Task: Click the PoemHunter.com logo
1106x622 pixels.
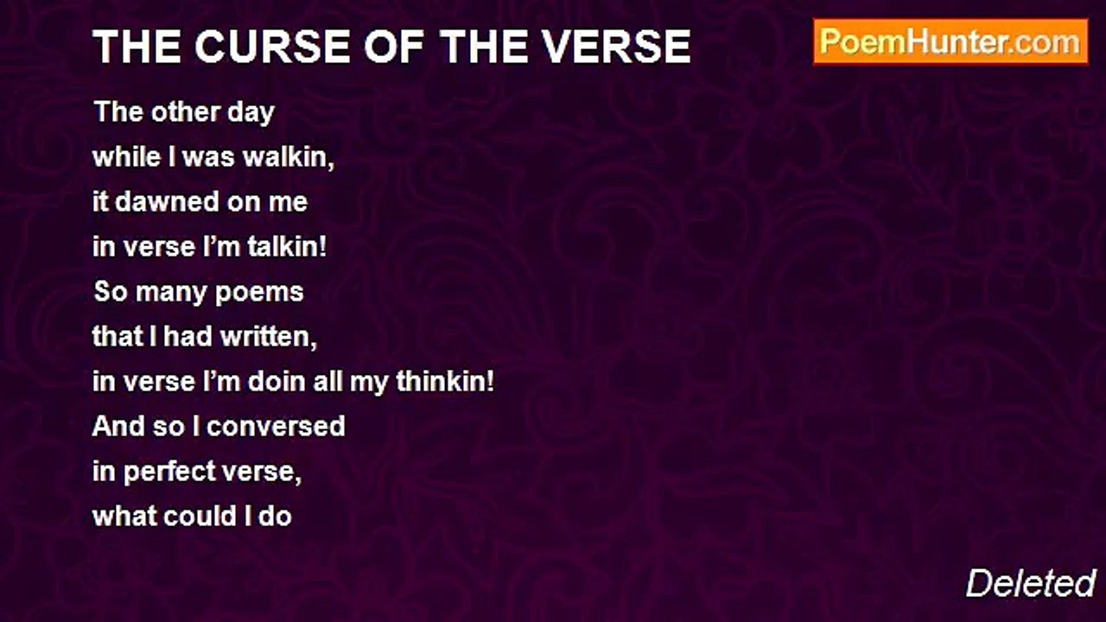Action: click(x=950, y=42)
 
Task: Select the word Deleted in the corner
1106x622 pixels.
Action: click(x=1030, y=584)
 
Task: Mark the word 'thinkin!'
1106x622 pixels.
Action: click(x=445, y=382)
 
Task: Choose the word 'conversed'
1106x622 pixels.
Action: click(x=276, y=427)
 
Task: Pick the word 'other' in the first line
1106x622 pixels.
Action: click(x=180, y=113)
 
